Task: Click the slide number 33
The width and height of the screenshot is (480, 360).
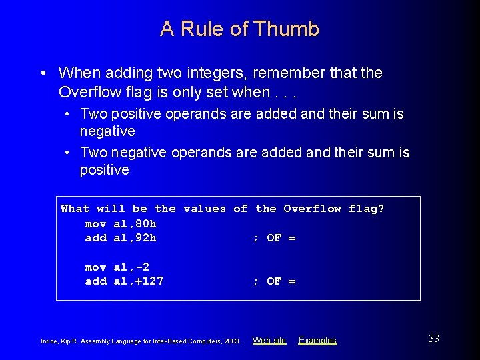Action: tap(434, 339)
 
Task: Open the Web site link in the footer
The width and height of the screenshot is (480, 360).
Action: tap(269, 341)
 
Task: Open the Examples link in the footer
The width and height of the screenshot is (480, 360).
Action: tap(317, 341)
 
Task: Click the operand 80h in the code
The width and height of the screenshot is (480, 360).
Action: tap(145, 223)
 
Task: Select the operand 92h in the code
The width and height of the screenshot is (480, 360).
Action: tap(145, 238)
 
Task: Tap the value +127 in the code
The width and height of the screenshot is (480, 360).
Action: tap(149, 281)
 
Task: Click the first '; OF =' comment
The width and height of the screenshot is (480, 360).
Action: tap(274, 238)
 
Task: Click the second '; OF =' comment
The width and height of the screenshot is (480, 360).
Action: tap(274, 281)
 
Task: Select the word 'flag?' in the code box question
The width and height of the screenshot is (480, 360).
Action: tap(367, 209)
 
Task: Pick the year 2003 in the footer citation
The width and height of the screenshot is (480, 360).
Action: tap(232, 341)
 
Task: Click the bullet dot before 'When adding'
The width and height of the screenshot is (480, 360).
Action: tap(42, 73)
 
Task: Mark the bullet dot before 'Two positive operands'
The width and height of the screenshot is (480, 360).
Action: tap(69, 115)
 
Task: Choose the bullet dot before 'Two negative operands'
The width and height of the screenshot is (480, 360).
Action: tap(69, 153)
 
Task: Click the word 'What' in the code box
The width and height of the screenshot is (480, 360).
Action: tap(75, 209)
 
